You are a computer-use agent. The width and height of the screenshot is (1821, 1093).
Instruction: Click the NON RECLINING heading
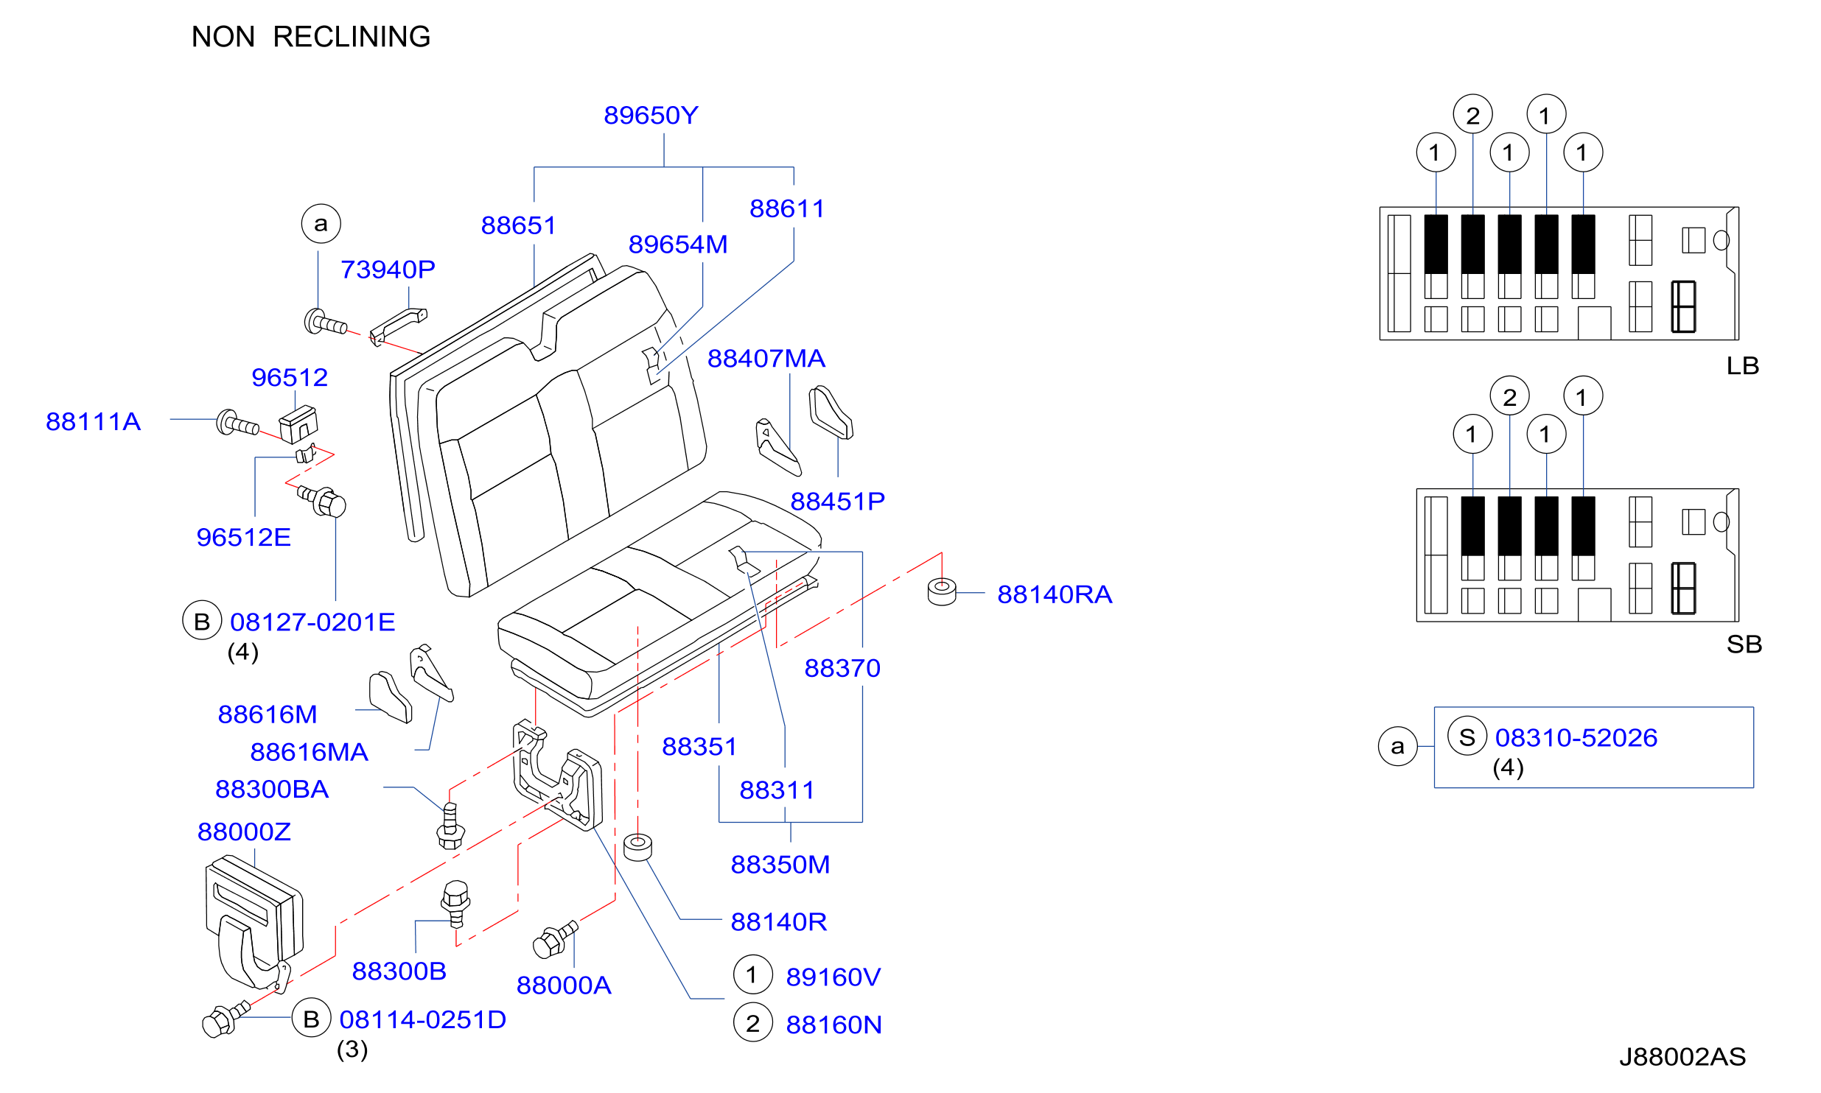pyautogui.click(x=311, y=37)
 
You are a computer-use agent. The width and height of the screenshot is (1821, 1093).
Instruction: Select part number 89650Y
pyautogui.click(x=651, y=116)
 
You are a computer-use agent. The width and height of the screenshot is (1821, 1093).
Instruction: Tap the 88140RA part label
pyautogui.click(x=1055, y=594)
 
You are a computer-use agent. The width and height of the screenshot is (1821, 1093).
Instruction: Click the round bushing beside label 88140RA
pyautogui.click(x=942, y=591)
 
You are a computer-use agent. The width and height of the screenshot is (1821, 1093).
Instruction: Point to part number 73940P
pyautogui.click(x=388, y=270)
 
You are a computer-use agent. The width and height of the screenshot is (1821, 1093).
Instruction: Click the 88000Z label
pyautogui.click(x=244, y=832)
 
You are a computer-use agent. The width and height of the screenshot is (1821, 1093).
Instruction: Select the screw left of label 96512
pyautogui.click(x=237, y=424)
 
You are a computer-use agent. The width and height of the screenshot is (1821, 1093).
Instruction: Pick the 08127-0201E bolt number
pyautogui.click(x=312, y=622)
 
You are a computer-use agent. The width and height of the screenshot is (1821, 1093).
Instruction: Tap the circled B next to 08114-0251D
pyautogui.click(x=312, y=1018)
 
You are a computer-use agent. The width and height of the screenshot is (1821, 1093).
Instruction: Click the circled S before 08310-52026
pyautogui.click(x=1467, y=736)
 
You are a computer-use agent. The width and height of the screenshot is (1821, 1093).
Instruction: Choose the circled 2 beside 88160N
pyautogui.click(x=753, y=1022)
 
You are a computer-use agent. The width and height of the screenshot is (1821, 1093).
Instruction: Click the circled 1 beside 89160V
pyautogui.click(x=753, y=974)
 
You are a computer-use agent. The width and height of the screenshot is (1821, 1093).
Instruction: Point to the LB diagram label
pyautogui.click(x=1743, y=366)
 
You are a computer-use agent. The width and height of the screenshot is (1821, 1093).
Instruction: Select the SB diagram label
pyautogui.click(x=1744, y=644)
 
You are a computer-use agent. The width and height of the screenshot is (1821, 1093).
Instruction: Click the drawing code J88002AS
pyautogui.click(x=1682, y=1057)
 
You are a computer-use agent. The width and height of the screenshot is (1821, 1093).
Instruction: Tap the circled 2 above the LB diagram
pyautogui.click(x=1473, y=115)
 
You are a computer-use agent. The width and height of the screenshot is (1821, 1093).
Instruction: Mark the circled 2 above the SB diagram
pyautogui.click(x=1510, y=396)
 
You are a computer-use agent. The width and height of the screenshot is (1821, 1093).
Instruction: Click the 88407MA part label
pyautogui.click(x=766, y=359)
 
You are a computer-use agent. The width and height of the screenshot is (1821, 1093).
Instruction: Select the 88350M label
pyautogui.click(x=780, y=865)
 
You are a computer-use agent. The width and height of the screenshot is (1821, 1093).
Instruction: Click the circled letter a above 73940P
pyautogui.click(x=321, y=224)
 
